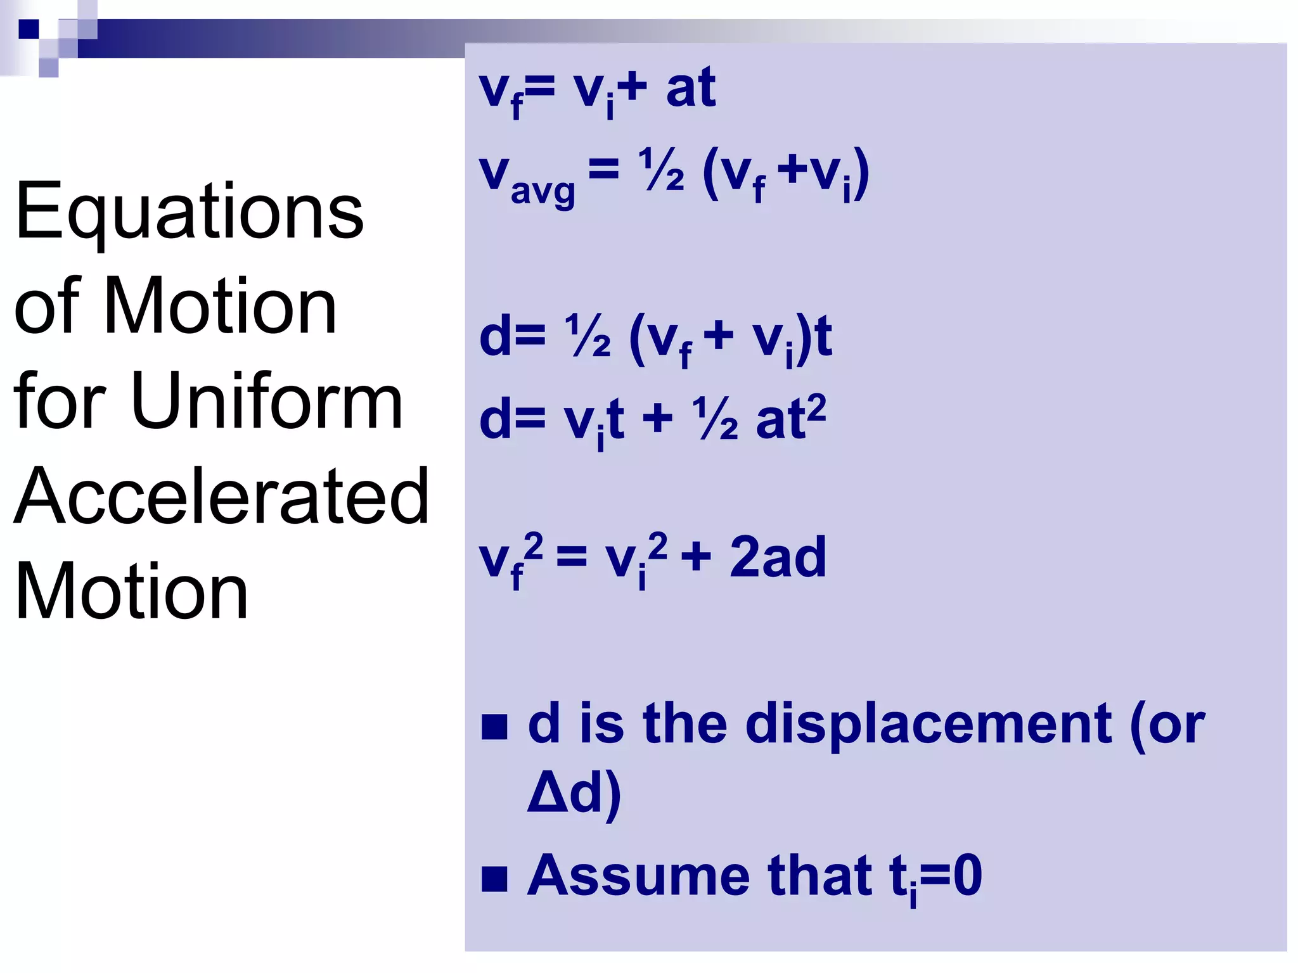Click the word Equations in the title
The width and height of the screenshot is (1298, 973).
pyautogui.click(x=189, y=212)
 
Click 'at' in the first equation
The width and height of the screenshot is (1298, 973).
pyautogui.click(x=690, y=89)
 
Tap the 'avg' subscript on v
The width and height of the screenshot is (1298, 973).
pyautogui.click(x=543, y=191)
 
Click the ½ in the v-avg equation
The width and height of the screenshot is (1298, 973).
pyautogui.click(x=661, y=170)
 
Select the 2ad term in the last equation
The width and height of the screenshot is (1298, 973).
pyautogui.click(x=778, y=557)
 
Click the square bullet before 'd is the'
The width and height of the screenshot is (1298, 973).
pyautogui.click(x=494, y=727)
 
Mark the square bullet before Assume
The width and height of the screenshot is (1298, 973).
pyautogui.click(x=494, y=879)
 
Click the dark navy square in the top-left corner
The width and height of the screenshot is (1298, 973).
pyautogui.click(x=29, y=29)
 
